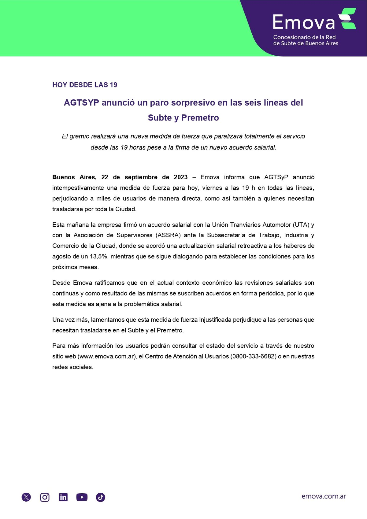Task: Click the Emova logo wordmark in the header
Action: point(304,22)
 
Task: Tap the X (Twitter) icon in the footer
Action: point(26,497)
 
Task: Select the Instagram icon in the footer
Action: point(45,497)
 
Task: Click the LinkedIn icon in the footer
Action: point(63,497)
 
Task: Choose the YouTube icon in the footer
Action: point(82,497)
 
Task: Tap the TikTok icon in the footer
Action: point(101,497)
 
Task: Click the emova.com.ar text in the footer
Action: point(324,496)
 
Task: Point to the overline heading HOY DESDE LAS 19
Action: point(85,85)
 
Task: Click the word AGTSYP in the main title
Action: point(81,103)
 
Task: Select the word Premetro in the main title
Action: point(200,118)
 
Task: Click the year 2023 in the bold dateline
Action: point(180,177)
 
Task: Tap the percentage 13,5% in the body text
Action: point(98,257)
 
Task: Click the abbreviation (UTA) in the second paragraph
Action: point(301,225)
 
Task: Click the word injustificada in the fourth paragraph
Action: point(215,320)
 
